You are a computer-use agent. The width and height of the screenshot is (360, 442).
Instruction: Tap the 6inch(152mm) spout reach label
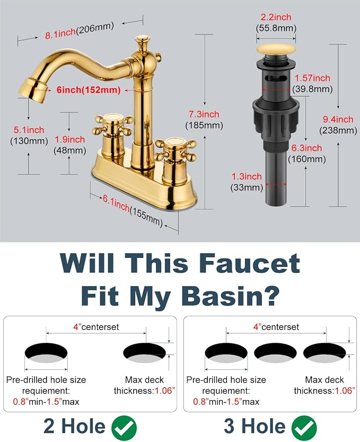tap(89, 90)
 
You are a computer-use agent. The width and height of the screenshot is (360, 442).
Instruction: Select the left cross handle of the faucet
tap(112, 125)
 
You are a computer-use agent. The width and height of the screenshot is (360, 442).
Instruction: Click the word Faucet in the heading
tap(250, 263)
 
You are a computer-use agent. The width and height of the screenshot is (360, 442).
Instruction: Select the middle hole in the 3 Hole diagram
tap(275, 353)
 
